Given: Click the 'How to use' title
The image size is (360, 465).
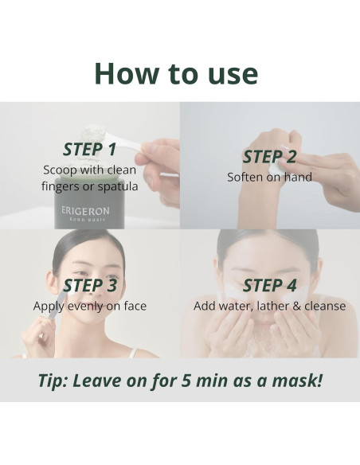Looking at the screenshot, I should (x=176, y=72).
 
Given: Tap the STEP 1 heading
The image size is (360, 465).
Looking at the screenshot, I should (x=90, y=149).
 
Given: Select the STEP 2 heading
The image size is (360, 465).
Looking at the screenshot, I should (x=269, y=156).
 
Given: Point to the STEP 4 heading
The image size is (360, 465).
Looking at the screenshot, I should (x=269, y=285).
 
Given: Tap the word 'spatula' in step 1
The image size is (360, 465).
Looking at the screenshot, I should (x=115, y=186).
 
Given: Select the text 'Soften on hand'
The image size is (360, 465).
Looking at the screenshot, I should (x=269, y=177).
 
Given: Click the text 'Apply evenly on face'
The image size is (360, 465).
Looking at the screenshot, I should (x=90, y=306).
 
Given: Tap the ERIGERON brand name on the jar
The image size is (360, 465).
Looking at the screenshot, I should (x=84, y=213).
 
